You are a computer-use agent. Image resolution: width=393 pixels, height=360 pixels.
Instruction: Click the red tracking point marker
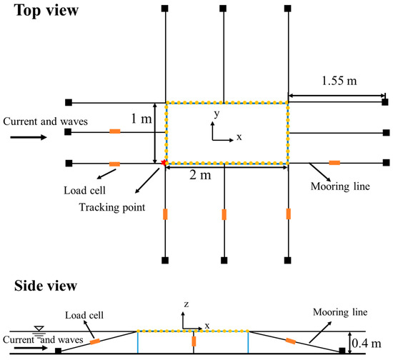pos(164,164)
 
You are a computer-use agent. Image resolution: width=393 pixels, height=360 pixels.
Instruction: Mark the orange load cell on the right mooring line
pos(334,164)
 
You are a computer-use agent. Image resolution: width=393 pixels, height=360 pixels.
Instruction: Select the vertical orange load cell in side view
pos(194,341)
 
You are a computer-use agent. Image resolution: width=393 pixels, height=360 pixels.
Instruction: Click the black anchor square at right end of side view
pos(342,350)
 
